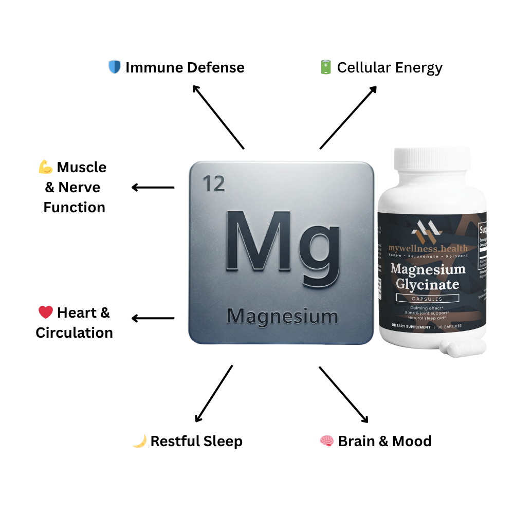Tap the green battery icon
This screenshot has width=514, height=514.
click(x=325, y=67)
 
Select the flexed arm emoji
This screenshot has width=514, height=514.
click(x=46, y=167)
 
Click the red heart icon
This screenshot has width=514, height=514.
click(x=46, y=313)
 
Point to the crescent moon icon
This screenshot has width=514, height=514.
click(x=139, y=441)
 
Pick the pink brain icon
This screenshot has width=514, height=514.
click(x=327, y=441)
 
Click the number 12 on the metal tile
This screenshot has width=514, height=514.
click(x=214, y=183)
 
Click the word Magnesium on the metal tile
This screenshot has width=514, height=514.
click(x=282, y=316)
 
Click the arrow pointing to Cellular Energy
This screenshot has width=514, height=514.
click(x=348, y=117)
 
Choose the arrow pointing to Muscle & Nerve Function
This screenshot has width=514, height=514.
click(x=153, y=188)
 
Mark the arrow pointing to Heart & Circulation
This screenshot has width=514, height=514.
click(x=153, y=319)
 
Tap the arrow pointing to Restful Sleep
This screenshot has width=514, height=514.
click(x=214, y=394)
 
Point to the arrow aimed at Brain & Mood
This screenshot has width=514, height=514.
click(x=343, y=394)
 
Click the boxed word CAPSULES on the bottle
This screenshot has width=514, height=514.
click(x=427, y=299)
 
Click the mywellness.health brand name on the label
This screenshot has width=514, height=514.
click(x=428, y=249)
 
